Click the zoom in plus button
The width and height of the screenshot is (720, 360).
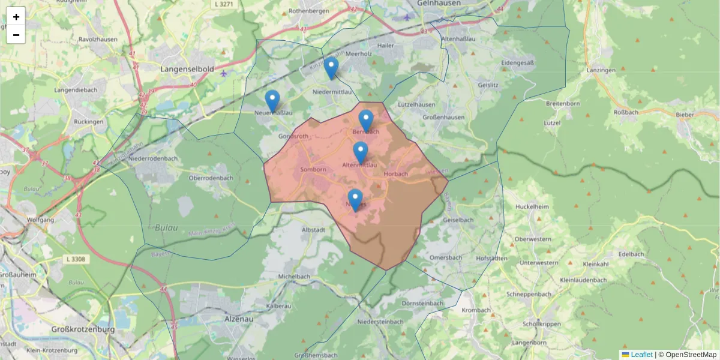tap(16, 17)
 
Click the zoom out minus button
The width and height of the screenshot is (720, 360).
tap(16, 35)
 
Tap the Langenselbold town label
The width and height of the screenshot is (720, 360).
tap(187, 70)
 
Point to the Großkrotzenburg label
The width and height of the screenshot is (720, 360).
tap(82, 329)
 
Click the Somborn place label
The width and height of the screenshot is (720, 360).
tap(313, 170)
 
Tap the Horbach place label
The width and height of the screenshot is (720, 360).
tap(395, 174)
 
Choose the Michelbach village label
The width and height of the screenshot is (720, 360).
tap(293, 277)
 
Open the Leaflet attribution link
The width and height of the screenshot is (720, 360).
tap(641, 355)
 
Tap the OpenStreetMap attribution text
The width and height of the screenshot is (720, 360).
tap(690, 355)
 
